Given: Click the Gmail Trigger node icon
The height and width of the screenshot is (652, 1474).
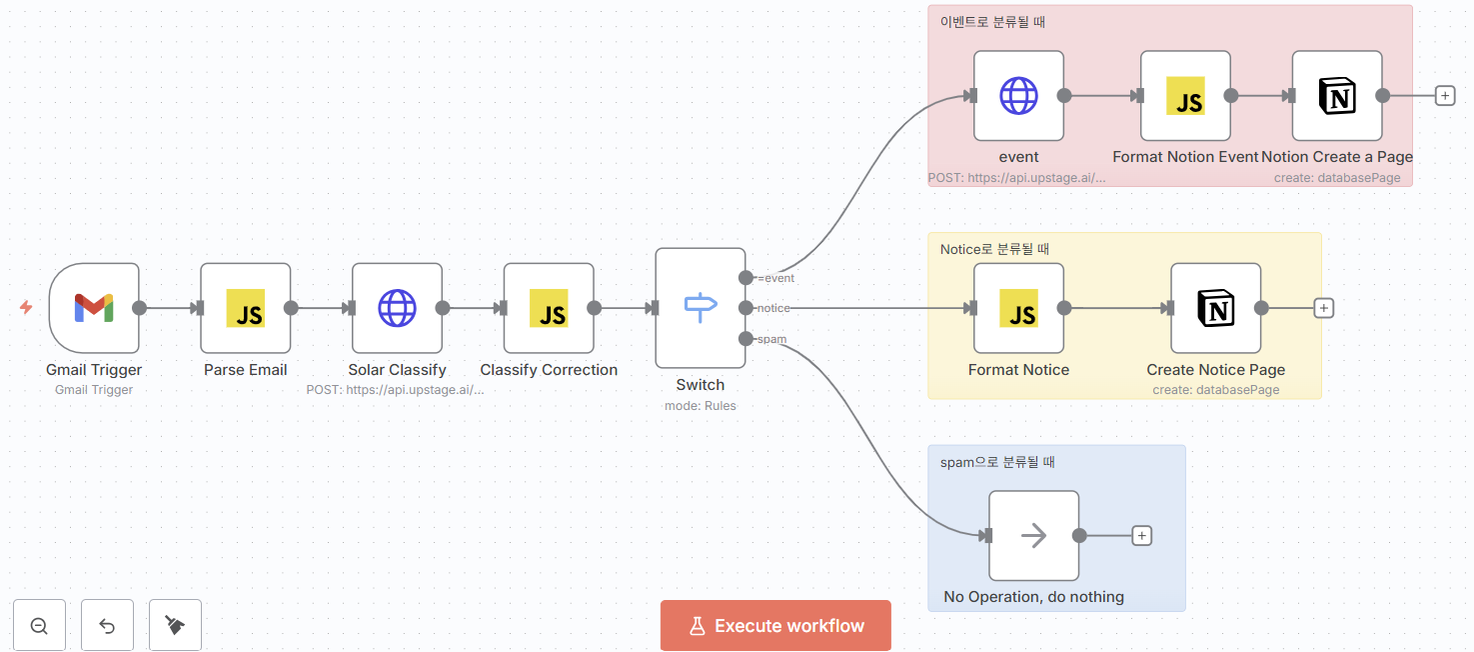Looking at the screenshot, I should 94,308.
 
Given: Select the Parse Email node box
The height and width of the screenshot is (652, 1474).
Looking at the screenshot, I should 245,308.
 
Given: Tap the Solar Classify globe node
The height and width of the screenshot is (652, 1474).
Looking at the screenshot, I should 397,308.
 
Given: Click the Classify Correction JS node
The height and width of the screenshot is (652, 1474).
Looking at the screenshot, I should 549,308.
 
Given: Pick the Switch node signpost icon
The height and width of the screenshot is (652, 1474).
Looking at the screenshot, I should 701,307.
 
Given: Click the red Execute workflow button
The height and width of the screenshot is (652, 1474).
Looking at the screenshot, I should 775,626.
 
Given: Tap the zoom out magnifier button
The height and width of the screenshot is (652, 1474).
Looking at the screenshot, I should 40,626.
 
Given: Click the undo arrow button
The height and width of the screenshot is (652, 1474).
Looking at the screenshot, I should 107,626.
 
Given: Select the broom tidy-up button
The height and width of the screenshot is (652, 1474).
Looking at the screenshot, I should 175,626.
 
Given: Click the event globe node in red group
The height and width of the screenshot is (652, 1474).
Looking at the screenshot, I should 1018,96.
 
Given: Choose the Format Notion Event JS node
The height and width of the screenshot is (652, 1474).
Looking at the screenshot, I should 1185,96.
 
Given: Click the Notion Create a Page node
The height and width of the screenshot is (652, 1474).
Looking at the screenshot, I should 1337,96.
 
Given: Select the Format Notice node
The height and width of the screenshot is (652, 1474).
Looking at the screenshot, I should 1018,308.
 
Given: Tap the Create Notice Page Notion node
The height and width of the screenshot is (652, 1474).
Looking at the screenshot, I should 1215,308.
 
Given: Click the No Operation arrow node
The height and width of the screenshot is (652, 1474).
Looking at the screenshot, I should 1033,535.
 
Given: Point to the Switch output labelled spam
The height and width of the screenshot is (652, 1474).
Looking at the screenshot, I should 745,339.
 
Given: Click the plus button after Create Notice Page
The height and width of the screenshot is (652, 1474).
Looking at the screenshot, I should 1324,308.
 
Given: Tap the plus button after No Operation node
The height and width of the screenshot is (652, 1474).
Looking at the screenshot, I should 1142,536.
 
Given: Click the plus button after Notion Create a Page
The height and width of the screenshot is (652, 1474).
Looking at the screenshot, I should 1445,96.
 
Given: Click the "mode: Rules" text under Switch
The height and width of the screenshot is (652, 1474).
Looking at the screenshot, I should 700,406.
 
